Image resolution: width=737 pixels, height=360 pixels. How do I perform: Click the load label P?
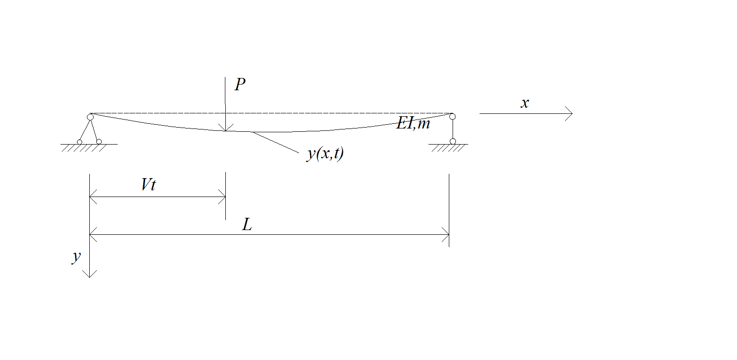coord(240,84)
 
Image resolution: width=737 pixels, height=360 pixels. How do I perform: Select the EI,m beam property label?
coord(413,123)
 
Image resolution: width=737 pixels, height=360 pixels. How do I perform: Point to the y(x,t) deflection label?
coord(325,154)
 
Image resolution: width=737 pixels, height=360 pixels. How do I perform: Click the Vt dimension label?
coord(148,185)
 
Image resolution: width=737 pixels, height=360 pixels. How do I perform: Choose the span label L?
coord(247,225)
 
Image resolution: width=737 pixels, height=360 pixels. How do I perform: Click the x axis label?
coord(525,103)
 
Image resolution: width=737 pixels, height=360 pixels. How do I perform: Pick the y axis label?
coord(77,257)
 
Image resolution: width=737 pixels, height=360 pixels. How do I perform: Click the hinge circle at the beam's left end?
coord(90,117)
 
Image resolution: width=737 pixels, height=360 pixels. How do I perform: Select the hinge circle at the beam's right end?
coord(453,117)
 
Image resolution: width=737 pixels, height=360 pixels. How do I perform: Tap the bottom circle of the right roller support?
coord(453,142)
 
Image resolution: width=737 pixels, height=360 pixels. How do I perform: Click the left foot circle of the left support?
coord(79,142)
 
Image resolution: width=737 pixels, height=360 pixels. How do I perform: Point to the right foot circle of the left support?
coord(99,142)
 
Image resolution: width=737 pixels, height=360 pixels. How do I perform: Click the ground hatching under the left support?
coord(84,148)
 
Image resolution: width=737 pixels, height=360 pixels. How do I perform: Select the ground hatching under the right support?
coord(448,148)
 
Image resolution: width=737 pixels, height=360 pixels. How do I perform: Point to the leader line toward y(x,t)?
coord(275,142)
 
